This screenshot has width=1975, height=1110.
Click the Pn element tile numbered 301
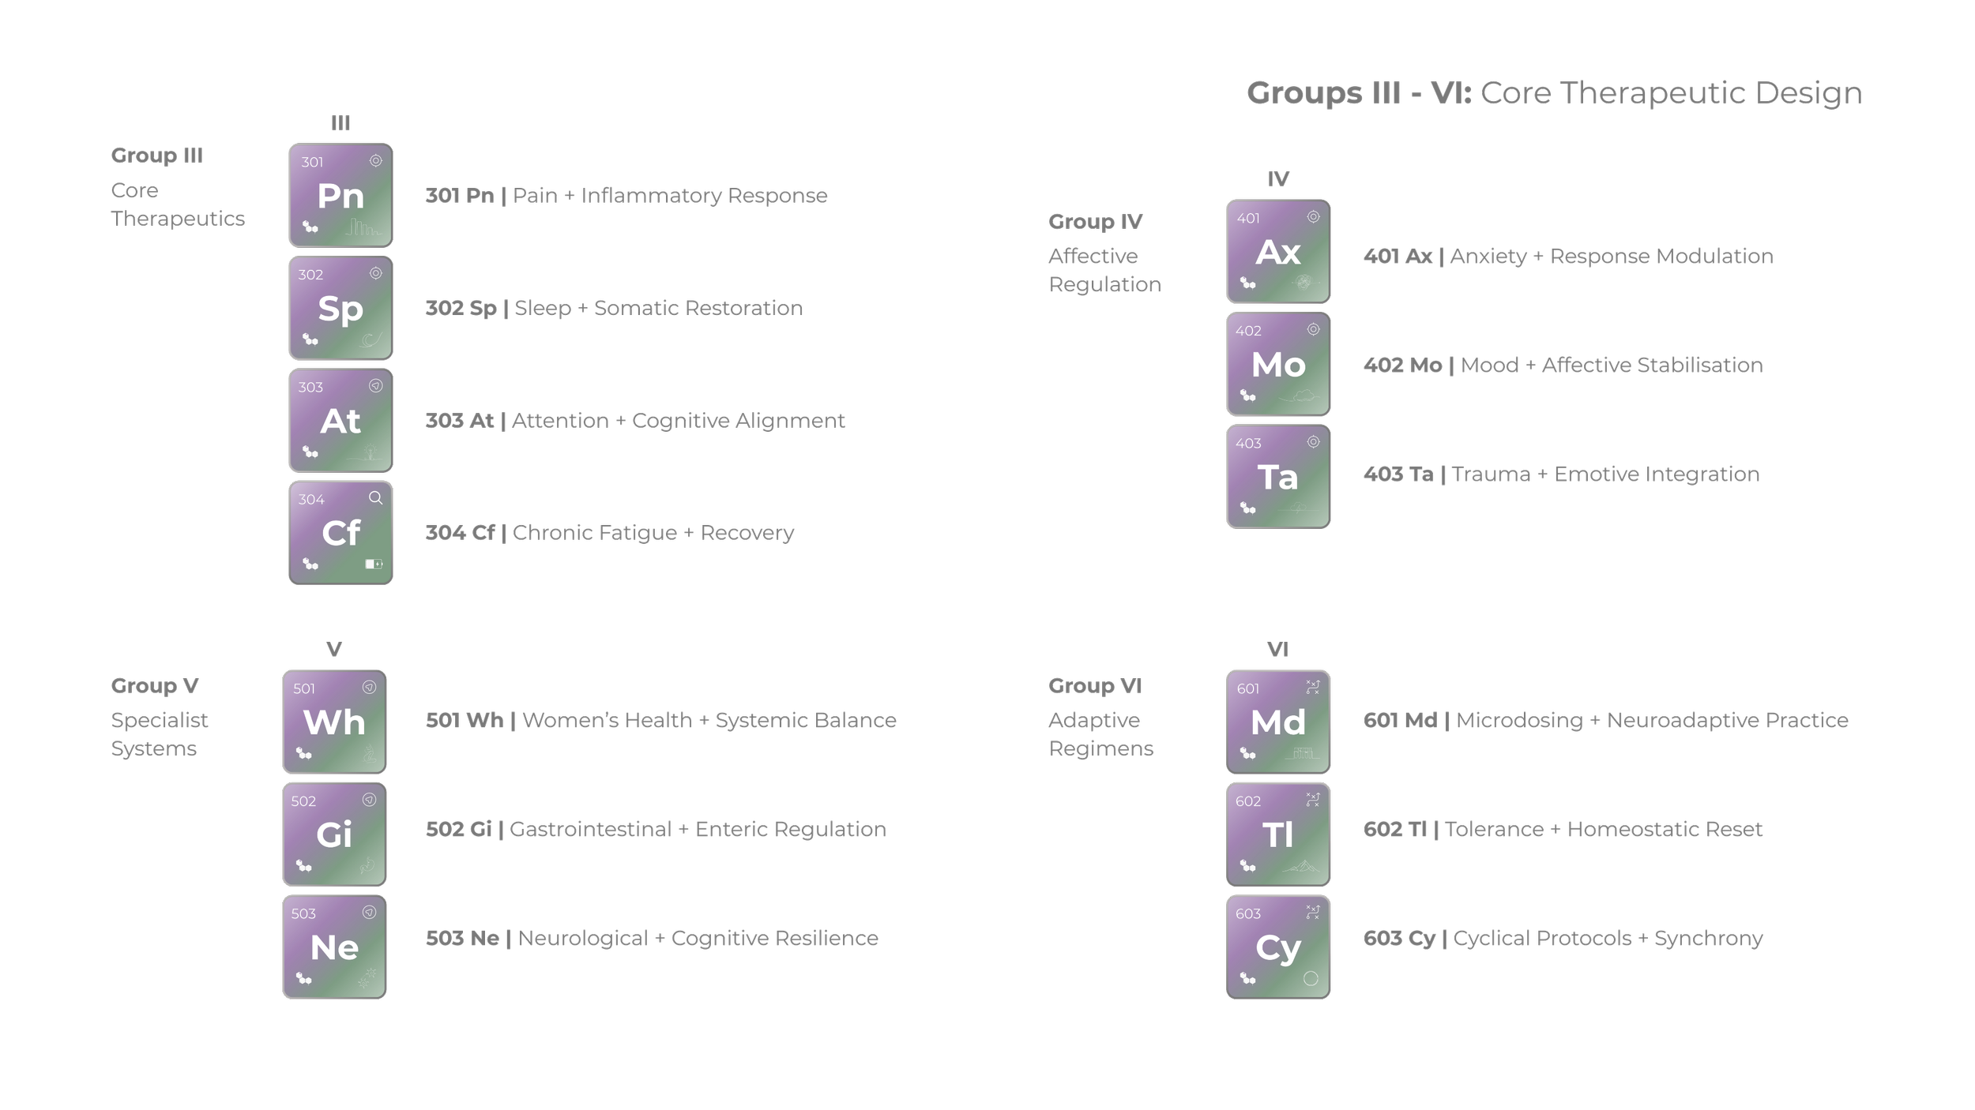(340, 196)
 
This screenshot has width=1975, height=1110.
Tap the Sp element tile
(340, 308)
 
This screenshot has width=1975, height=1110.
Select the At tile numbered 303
(340, 421)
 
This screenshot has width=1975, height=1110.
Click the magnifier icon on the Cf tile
(375, 497)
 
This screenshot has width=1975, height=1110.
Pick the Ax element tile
(1278, 252)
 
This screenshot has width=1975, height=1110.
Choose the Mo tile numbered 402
(1278, 364)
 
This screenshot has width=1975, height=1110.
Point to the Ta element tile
(1278, 477)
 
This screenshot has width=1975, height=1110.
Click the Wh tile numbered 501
(334, 722)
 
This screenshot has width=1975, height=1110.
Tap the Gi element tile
(334, 834)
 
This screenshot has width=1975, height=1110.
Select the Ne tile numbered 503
(334, 947)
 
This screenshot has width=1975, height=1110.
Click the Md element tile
(1278, 722)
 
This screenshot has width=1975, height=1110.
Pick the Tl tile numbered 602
(1278, 834)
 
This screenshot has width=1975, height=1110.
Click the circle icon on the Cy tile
(1311, 979)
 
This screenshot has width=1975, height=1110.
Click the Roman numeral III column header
(340, 123)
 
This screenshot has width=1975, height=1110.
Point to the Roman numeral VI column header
(1277, 649)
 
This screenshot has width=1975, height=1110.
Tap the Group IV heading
(1095, 222)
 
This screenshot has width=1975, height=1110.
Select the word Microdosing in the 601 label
(1519, 720)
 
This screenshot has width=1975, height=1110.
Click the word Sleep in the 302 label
(542, 308)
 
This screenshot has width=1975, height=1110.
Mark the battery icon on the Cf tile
(374, 564)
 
